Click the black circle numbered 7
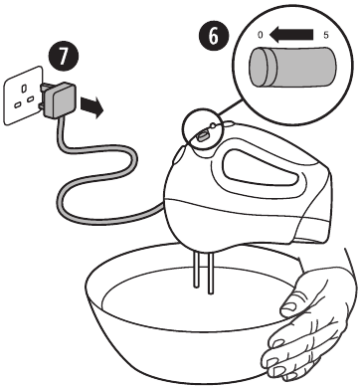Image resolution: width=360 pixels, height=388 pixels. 64,57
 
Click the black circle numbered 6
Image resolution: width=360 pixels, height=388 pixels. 214,36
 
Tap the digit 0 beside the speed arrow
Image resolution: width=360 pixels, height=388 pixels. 261,35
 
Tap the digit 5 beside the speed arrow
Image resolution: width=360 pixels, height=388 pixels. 326,35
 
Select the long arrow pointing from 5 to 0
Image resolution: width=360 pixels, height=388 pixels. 291,34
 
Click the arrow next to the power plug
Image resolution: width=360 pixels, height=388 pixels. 92,106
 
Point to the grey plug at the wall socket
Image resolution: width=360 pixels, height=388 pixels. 59,99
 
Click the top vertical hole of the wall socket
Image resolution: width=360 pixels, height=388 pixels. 24,89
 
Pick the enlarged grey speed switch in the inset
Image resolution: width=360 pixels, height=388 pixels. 292,67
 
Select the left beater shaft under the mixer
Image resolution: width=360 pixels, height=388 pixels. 196,269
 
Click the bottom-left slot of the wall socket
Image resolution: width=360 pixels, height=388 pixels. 17,105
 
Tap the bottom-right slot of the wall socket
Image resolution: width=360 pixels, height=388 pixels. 30,98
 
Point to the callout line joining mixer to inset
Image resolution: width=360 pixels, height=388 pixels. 230,108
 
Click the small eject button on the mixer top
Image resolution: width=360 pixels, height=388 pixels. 213,125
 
